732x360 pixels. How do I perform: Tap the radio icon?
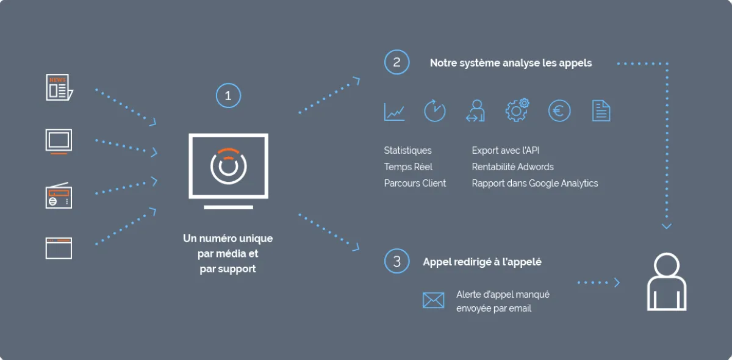pyautogui.click(x=59, y=195)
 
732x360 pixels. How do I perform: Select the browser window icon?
pyautogui.click(x=59, y=248)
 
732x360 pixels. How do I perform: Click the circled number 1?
pyautogui.click(x=228, y=95)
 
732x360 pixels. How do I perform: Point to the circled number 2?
pyautogui.click(x=396, y=62)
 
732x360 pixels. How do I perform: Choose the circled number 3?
pyautogui.click(x=396, y=261)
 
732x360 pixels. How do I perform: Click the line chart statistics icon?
pyautogui.click(x=395, y=112)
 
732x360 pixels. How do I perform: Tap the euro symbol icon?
pyautogui.click(x=559, y=111)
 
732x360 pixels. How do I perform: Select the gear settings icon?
pyautogui.click(x=517, y=110)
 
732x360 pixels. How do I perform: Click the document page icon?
pyautogui.click(x=601, y=111)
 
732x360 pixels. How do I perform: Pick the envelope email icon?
pyautogui.click(x=433, y=300)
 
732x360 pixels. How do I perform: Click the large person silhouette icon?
pyautogui.click(x=667, y=282)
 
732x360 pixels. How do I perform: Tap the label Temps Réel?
pyautogui.click(x=408, y=167)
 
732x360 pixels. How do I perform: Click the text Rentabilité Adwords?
pyautogui.click(x=513, y=167)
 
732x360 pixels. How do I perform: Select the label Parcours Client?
pyautogui.click(x=415, y=183)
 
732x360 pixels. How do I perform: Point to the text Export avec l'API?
pyautogui.click(x=506, y=151)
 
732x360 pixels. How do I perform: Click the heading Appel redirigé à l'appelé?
pyautogui.click(x=483, y=262)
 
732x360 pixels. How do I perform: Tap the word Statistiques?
pyautogui.click(x=408, y=151)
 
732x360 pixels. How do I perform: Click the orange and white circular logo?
pyautogui.click(x=228, y=166)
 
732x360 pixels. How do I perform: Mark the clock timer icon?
pyautogui.click(x=434, y=111)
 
